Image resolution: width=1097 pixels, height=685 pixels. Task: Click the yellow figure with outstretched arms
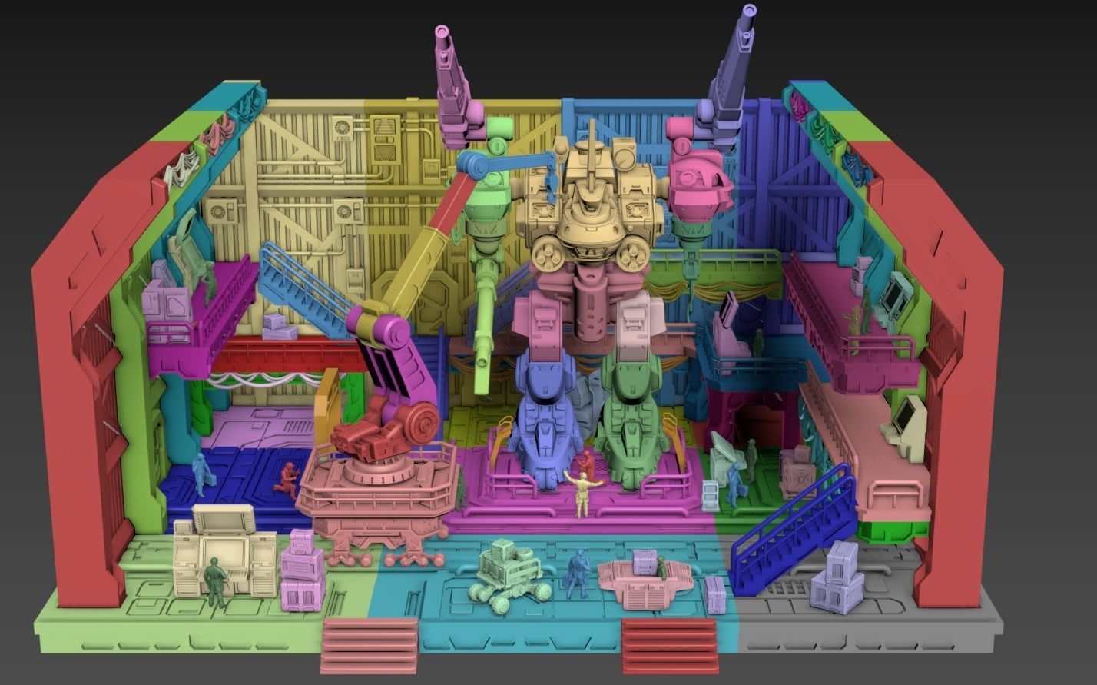click(582, 492)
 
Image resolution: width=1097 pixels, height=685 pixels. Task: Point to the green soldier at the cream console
click(215, 581)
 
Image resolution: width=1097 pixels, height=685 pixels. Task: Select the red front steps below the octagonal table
click(669, 645)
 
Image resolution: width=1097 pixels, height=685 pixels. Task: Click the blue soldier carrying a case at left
click(202, 473)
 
